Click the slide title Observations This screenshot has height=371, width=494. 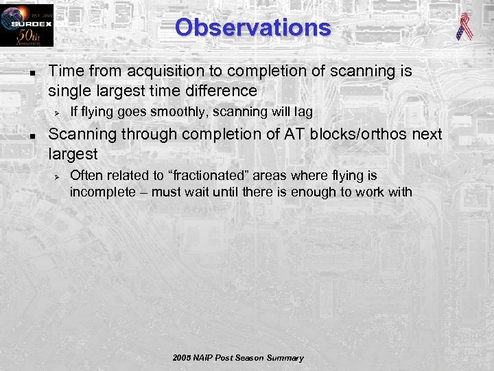tap(252, 27)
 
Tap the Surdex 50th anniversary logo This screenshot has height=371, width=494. tap(27, 25)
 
